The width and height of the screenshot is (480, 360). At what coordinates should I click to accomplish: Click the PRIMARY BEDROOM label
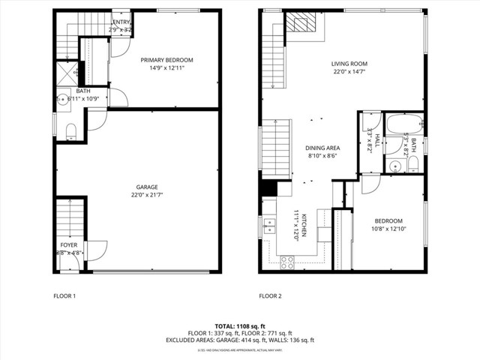167,60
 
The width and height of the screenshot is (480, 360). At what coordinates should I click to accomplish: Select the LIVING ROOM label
351,64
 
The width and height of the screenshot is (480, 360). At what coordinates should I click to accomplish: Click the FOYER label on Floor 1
68,245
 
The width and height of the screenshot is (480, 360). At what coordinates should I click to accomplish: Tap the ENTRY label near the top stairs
121,22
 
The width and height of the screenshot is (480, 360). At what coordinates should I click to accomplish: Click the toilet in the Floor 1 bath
71,132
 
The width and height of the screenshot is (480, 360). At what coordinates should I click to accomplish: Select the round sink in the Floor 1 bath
62,98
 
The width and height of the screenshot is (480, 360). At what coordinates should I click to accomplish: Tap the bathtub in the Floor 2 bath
404,124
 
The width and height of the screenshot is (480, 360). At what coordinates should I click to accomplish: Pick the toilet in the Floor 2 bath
412,163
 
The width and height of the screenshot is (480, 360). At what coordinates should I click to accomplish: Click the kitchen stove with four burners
286,262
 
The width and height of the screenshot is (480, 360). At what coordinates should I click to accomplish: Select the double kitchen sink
268,225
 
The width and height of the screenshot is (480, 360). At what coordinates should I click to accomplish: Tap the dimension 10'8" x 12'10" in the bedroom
388,229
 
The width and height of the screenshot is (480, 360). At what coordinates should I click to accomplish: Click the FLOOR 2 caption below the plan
270,296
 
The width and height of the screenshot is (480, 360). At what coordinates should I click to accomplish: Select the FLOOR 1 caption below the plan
64,296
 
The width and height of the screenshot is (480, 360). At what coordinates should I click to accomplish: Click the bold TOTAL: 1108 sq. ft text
240,326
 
